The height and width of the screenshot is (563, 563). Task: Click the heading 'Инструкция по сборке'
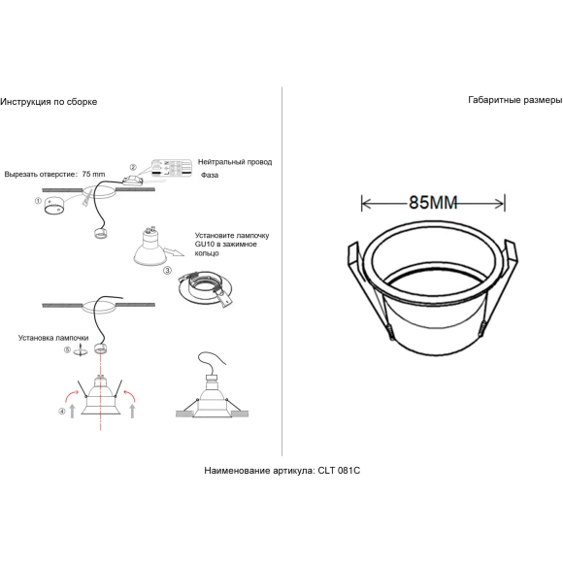[x=49, y=102]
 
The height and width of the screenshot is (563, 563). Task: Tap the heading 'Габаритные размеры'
[x=515, y=100]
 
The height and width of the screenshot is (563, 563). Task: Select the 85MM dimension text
[x=433, y=203]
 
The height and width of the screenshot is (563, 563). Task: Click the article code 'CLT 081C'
[x=339, y=471]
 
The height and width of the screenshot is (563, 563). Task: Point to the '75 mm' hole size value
[x=94, y=174]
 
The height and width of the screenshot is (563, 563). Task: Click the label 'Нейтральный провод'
[x=235, y=162]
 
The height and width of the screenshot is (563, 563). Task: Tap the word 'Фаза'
[x=210, y=176]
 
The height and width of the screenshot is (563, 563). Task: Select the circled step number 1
[x=38, y=201]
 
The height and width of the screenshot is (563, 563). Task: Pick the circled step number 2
[x=133, y=167]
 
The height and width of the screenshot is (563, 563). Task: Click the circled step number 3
[x=167, y=270]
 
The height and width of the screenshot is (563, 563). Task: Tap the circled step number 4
[x=62, y=412]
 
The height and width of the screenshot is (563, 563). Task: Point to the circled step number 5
[x=67, y=349]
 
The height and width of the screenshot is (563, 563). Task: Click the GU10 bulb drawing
[x=149, y=246]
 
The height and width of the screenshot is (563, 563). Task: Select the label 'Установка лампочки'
[x=53, y=338]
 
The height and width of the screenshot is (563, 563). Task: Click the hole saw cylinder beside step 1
[x=53, y=206]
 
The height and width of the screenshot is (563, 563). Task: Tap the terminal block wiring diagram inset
[x=172, y=168]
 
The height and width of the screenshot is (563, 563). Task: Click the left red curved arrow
[x=71, y=396]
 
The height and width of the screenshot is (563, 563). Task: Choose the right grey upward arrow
[x=132, y=411]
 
